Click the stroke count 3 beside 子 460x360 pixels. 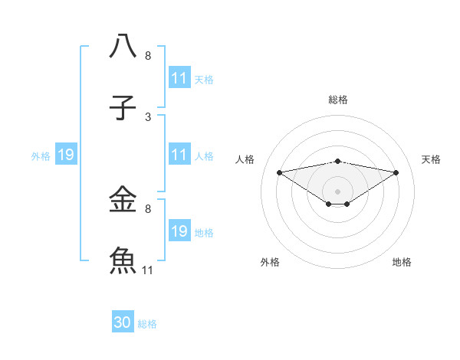click(148, 117)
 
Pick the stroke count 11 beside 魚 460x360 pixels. click(148, 270)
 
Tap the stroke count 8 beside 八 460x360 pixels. click(148, 56)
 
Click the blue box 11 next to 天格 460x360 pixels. click(179, 78)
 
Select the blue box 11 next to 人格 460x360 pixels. click(179, 155)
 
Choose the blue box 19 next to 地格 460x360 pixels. click(179, 231)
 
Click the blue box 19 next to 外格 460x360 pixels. click(66, 155)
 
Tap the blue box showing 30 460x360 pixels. click(123, 322)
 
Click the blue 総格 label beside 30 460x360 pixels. click(147, 324)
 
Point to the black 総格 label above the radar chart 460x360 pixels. click(338, 100)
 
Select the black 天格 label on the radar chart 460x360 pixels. click(432, 159)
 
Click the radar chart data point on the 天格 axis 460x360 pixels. click(396, 172)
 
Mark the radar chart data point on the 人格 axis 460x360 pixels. click(280, 172)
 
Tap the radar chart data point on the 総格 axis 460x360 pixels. click(338, 161)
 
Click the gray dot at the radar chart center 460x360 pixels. click(338, 191)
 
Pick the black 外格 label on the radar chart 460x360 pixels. click(270, 262)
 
